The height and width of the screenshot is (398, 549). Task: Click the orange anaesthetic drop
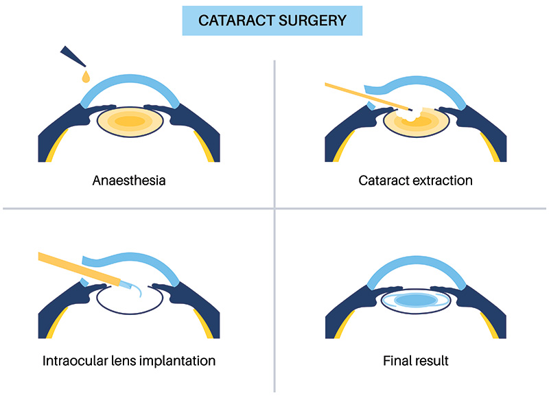coord(86,76)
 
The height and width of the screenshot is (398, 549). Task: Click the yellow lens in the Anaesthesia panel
coord(130,122)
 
